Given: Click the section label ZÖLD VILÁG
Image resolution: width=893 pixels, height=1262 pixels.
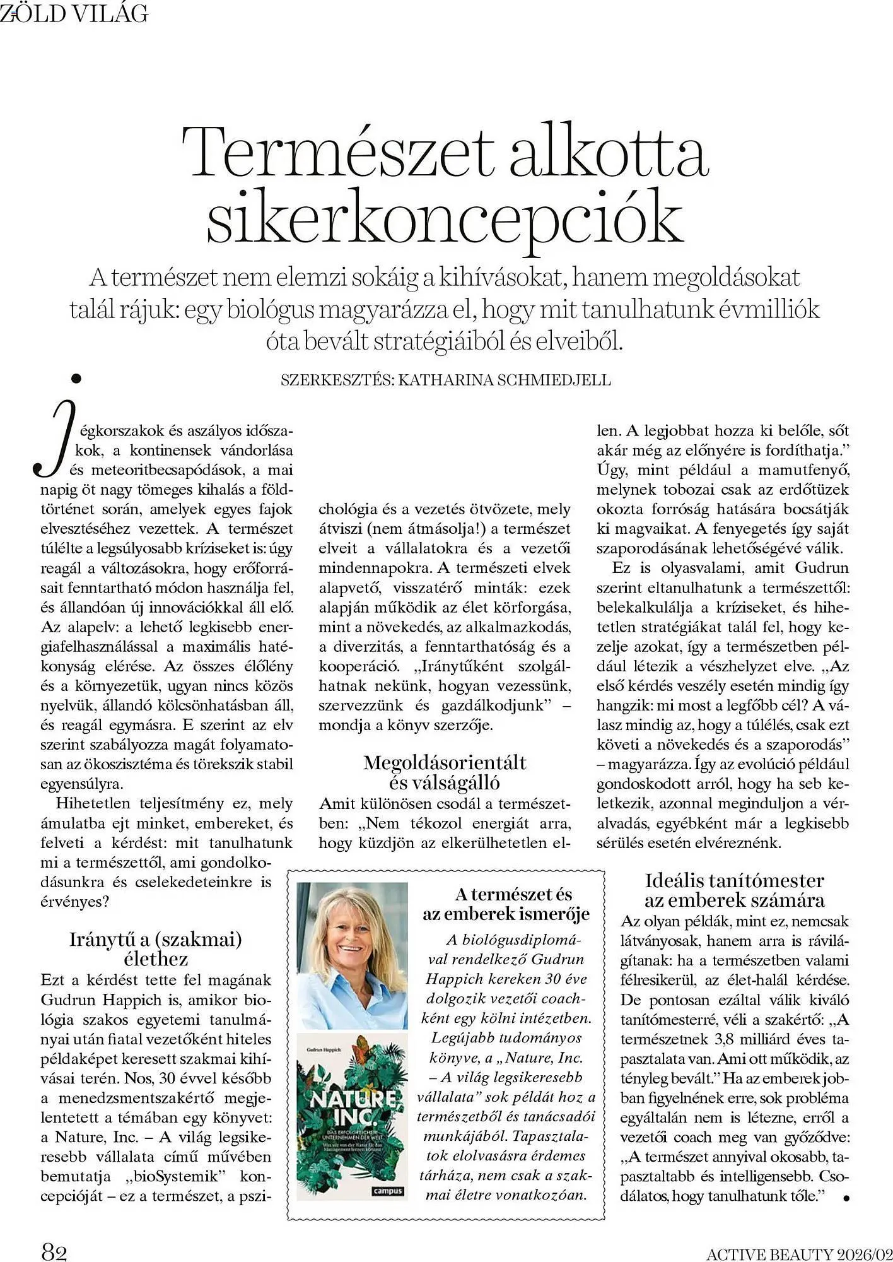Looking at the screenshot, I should tap(74, 13).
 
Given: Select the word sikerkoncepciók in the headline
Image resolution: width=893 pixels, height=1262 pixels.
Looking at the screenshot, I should tap(445, 218).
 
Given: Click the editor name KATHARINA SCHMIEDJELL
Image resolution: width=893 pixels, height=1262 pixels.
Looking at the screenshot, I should tap(505, 380).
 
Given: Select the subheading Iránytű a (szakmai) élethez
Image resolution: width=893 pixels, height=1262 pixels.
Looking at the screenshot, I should tap(156, 949).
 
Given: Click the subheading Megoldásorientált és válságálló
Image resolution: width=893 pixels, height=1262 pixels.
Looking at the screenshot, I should tap(445, 772).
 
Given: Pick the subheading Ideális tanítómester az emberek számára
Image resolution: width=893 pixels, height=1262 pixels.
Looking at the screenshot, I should tap(734, 890).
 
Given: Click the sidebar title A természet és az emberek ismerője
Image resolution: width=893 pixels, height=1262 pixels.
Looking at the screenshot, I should tap(506, 904).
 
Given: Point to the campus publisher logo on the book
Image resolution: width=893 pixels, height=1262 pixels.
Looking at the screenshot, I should tap(388, 1191).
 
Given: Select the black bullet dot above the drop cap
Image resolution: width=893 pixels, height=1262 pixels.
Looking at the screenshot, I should tap(77, 379).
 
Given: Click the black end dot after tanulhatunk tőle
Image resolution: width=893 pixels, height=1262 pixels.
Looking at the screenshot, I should tap(846, 1197).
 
